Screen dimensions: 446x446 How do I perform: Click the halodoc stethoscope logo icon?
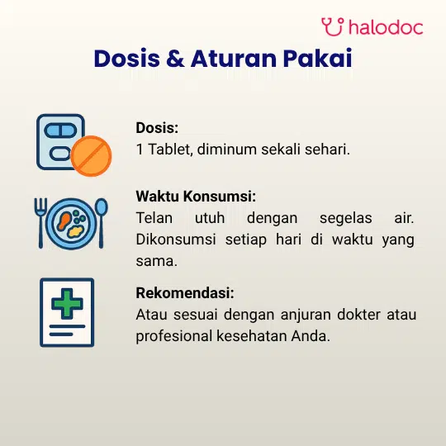(332, 26)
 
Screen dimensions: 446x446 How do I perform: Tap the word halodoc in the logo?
(386, 27)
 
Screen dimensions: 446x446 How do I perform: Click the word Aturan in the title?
(234, 59)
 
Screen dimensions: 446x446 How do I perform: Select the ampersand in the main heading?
(175, 59)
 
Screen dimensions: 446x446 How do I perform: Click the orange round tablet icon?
(91, 156)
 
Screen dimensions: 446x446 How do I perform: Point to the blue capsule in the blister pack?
(60, 130)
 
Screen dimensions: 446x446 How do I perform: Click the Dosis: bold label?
(157, 128)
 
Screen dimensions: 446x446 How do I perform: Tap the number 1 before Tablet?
(140, 149)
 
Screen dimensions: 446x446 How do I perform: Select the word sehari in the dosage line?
(327, 149)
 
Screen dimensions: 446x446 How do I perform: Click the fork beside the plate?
(40, 223)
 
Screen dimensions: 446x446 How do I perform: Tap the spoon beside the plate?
(101, 223)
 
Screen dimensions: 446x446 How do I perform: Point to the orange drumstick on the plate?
(64, 221)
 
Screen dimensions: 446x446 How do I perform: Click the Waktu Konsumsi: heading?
(196, 197)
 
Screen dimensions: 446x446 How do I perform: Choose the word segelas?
(345, 219)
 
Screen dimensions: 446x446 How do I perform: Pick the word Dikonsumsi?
(176, 240)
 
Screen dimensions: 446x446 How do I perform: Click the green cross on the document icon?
(67, 303)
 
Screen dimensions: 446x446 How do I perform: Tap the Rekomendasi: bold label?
(185, 293)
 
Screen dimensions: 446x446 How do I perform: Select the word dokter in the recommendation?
(358, 315)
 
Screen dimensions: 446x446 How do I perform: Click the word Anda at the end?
(311, 336)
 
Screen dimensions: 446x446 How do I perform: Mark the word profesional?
(174, 337)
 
